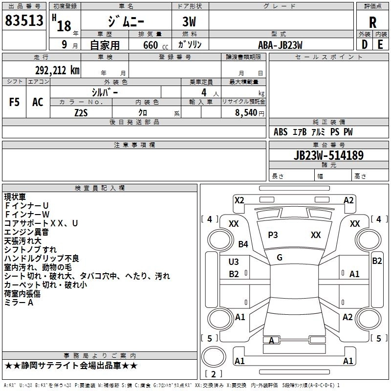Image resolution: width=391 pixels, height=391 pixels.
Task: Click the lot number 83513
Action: pos(24,21)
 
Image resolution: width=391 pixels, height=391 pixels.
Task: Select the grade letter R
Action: pos(372,22)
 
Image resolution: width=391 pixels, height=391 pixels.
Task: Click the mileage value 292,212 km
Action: pos(57,70)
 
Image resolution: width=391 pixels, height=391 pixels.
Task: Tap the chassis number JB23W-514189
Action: pos(328,156)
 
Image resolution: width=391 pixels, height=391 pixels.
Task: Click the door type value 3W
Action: pos(190,22)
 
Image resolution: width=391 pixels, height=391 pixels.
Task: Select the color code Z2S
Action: pos(81,112)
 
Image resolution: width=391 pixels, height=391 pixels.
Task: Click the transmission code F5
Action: pos(15,102)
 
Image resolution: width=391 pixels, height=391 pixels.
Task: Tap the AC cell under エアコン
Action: pos(38,102)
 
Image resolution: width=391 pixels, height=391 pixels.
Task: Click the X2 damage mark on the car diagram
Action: pos(239,200)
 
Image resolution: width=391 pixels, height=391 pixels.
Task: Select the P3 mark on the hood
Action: pos(273,235)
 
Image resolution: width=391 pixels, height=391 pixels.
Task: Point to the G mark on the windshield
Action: pos(280,258)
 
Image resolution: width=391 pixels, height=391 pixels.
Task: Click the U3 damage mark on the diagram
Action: pos(234,262)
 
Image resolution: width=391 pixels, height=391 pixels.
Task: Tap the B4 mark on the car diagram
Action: pos(243,244)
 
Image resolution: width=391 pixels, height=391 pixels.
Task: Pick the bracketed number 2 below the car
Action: pos(214,374)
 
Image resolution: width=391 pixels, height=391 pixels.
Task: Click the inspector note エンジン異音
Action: pos(26,232)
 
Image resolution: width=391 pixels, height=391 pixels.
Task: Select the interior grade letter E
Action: pos(380,45)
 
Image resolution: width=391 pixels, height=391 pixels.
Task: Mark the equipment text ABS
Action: pos(281,132)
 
